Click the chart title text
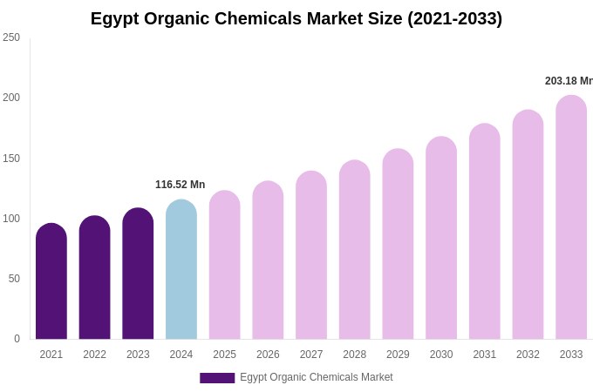point(296,18)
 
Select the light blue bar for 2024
point(181,270)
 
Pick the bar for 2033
point(571,218)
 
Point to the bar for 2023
point(138,274)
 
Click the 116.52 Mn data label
point(180,185)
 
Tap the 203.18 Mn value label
point(569,81)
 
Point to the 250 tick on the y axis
point(11,37)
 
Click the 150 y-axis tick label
point(11,159)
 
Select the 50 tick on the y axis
point(14,279)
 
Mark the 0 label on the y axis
point(17,339)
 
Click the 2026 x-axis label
point(268,355)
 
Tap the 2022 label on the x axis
point(94,355)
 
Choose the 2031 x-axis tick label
point(484,355)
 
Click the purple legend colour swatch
point(217,378)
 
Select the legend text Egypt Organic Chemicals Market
point(316,377)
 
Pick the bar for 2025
point(225,265)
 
